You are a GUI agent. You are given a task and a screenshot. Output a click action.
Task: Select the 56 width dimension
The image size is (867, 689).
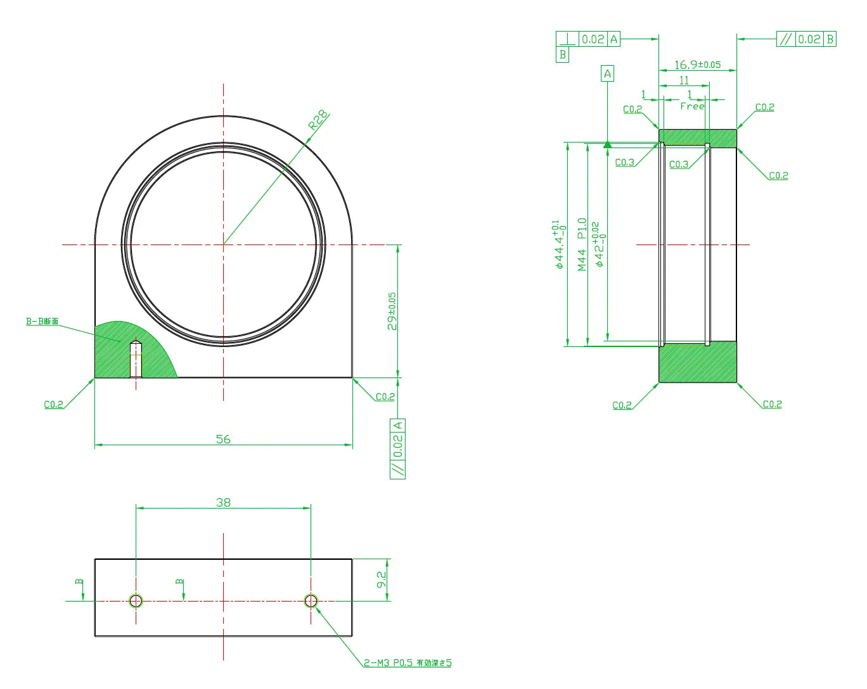pyautogui.click(x=223, y=439)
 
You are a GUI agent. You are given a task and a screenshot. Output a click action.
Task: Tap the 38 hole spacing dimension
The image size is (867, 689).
pyautogui.click(x=223, y=502)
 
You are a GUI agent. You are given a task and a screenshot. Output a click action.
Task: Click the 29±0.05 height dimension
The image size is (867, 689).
pyautogui.click(x=393, y=311)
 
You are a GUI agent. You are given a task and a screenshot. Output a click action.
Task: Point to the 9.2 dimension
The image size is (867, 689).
pyautogui.click(x=382, y=579)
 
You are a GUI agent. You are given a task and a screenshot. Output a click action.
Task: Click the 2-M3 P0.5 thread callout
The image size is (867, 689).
pyautogui.click(x=407, y=663)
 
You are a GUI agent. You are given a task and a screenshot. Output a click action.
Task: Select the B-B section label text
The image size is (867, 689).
pyautogui.click(x=42, y=322)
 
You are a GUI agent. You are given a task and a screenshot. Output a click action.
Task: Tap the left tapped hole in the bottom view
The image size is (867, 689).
pyautogui.click(x=136, y=600)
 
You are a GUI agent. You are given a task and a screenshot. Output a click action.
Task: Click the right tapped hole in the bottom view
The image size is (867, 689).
pyautogui.click(x=311, y=600)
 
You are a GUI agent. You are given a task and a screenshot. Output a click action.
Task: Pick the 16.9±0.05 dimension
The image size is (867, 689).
pyautogui.click(x=697, y=65)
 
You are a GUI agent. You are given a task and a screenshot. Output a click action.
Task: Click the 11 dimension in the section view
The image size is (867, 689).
pyautogui.click(x=684, y=80)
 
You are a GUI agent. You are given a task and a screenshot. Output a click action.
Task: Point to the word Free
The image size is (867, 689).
pyautogui.click(x=692, y=106)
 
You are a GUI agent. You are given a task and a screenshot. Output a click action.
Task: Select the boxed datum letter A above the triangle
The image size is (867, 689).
pyautogui.click(x=607, y=74)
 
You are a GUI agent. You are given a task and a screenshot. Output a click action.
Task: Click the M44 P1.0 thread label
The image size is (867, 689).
pyautogui.click(x=582, y=244)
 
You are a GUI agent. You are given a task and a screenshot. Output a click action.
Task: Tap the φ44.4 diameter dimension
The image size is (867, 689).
pyautogui.click(x=558, y=244)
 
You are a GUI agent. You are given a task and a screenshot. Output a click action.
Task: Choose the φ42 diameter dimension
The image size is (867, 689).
pyautogui.click(x=599, y=244)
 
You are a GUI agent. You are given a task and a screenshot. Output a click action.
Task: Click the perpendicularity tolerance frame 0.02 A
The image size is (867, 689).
pyautogui.click(x=588, y=39)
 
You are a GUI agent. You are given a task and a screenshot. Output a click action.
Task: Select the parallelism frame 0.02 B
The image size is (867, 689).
pyautogui.click(x=806, y=39)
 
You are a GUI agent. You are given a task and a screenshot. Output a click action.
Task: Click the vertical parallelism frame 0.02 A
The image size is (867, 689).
pyautogui.click(x=397, y=448)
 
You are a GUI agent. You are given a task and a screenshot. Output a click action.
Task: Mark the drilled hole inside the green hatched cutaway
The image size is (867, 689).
pyautogui.click(x=136, y=360)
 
